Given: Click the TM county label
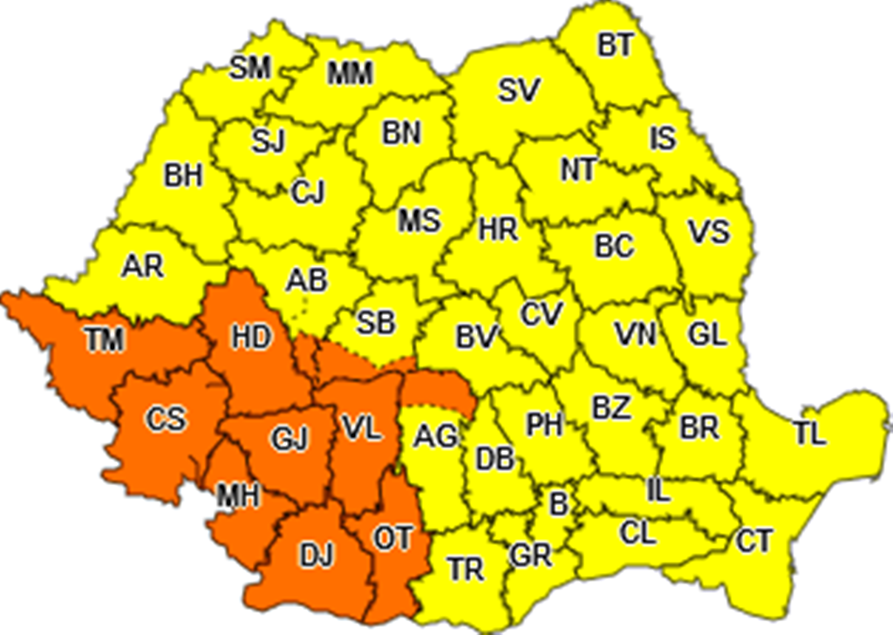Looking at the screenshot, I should pyautogui.click(x=106, y=339).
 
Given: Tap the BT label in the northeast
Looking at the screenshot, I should pyautogui.click(x=616, y=45).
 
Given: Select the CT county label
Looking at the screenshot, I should pyautogui.click(x=754, y=541).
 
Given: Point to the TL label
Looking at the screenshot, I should pyautogui.click(x=809, y=434).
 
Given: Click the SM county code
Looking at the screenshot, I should pyautogui.click(x=250, y=69).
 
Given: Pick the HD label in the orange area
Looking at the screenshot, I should pyautogui.click(x=251, y=338).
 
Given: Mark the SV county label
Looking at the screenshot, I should pyautogui.click(x=520, y=90).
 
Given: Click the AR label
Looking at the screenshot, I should pyautogui.click(x=142, y=266).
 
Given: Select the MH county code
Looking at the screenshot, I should pyautogui.click(x=238, y=496).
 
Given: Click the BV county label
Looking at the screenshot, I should pyautogui.click(x=476, y=336).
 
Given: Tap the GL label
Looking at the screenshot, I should pyautogui.click(x=706, y=334).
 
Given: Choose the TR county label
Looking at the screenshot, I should pyautogui.click(x=466, y=570).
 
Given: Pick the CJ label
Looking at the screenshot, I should pyautogui.click(x=308, y=192).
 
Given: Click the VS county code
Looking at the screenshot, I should pyautogui.click(x=708, y=233).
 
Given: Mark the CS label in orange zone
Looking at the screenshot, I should pyautogui.click(x=166, y=419).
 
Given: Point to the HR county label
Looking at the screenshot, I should pyautogui.click(x=498, y=230).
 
